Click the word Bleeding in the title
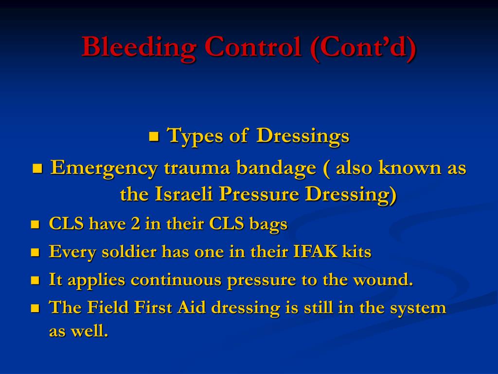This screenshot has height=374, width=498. point(139,48)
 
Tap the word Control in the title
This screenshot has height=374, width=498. point(252,47)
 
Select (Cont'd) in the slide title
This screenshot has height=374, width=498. point(362,48)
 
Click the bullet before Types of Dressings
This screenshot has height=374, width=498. point(154,136)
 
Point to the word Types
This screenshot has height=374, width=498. point(195,136)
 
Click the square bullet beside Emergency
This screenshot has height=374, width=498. point(38,168)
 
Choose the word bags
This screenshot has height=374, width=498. point(268,224)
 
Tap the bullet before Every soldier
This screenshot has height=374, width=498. point(35,253)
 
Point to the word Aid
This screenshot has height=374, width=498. point(190,308)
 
